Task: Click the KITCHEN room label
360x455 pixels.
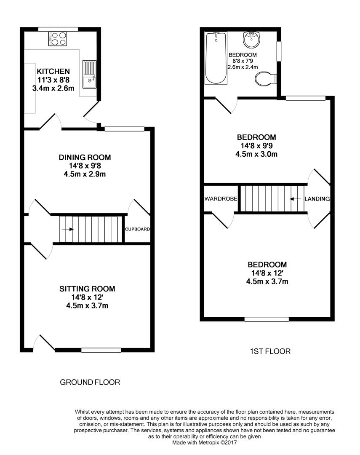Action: coord(53,71)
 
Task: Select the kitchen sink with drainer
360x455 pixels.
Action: coord(89,75)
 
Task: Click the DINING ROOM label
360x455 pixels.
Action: coord(85,157)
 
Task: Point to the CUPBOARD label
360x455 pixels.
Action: coord(138,229)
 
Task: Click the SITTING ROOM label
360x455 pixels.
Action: coord(87,289)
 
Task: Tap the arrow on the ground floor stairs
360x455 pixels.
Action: coord(68,229)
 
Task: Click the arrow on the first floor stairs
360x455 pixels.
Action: coord(295,199)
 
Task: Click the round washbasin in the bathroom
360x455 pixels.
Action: coord(252,40)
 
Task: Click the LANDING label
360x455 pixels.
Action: coord(317,199)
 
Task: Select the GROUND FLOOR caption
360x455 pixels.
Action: coord(90,382)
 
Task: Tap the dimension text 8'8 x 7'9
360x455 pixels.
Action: coord(243,61)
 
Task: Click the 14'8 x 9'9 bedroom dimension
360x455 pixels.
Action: coord(256,146)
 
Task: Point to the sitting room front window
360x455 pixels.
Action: coord(101,350)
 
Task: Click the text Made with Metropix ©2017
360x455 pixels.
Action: coord(205,443)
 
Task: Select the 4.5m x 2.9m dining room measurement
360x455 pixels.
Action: coord(85,174)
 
